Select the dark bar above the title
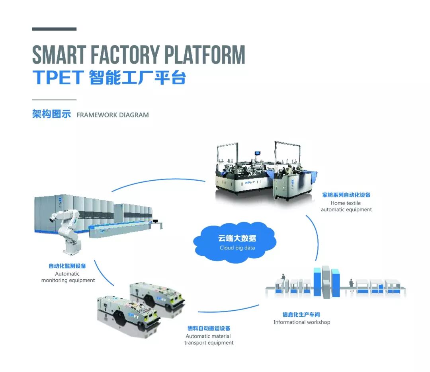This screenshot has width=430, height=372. (x=54, y=29)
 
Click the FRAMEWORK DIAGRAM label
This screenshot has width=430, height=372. (x=113, y=115)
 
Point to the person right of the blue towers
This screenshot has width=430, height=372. (x=352, y=285)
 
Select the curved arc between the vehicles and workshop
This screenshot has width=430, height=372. (x=229, y=310)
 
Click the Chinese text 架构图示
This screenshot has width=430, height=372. (x=51, y=115)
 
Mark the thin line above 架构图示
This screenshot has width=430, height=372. (x=54, y=100)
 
